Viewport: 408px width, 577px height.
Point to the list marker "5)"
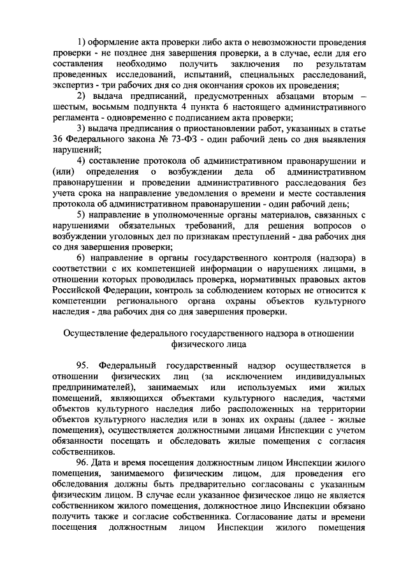click(81, 214)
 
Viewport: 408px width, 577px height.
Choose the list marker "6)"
click(81, 257)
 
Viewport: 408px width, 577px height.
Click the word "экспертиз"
click(73, 85)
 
